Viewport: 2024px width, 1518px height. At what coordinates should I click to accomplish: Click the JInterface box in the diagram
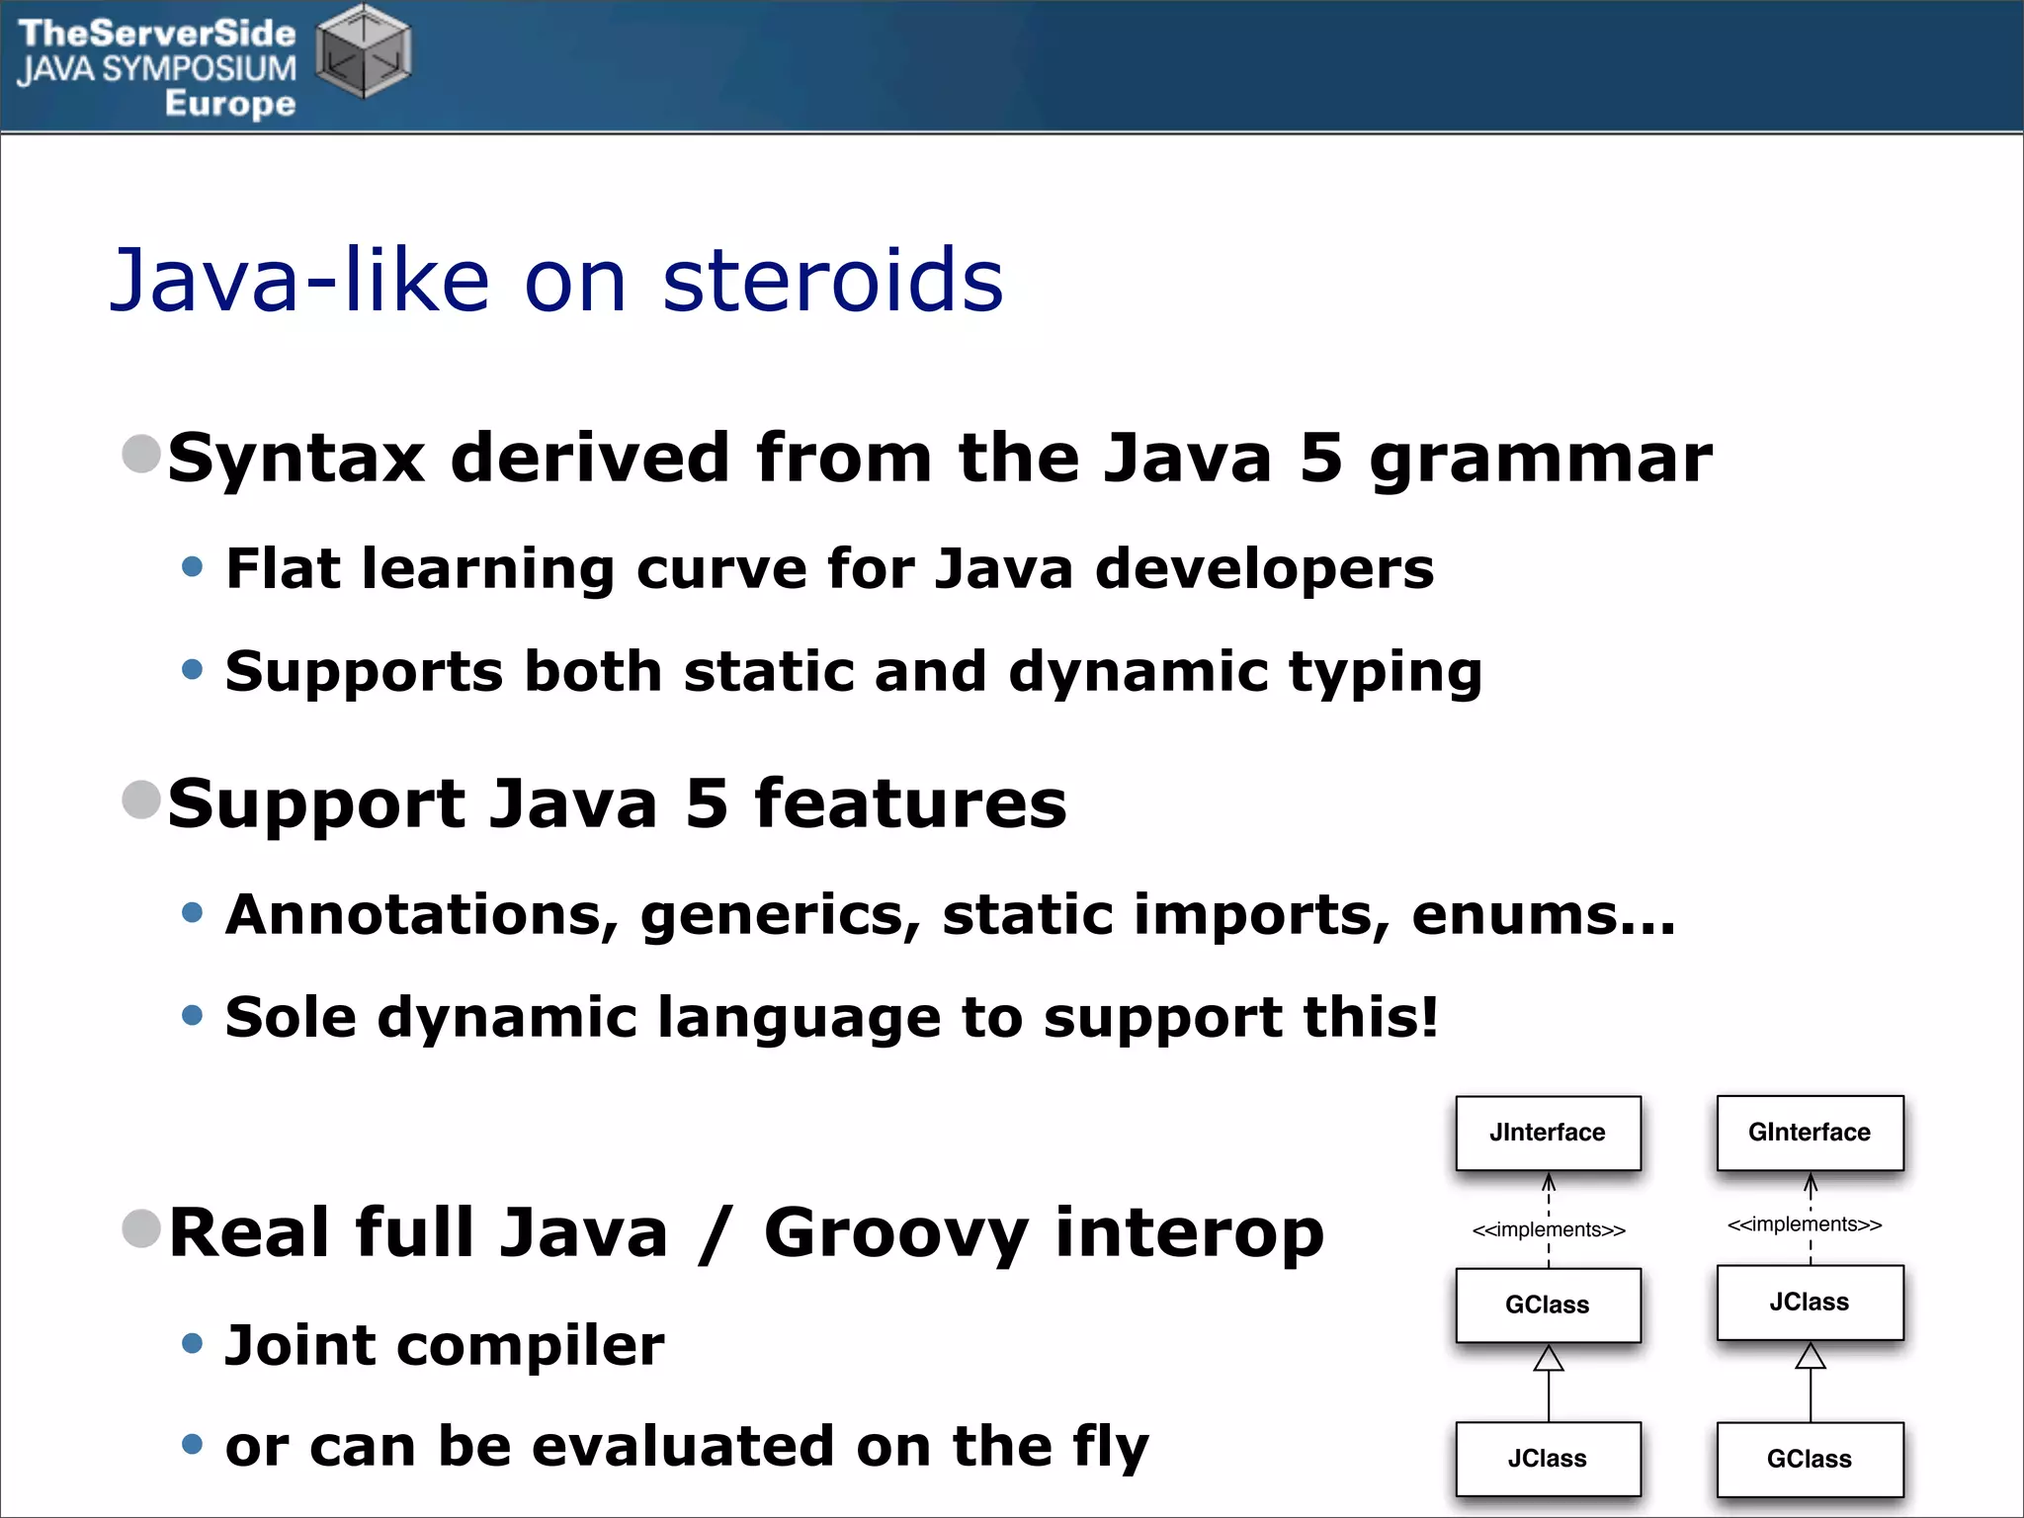point(1548,1133)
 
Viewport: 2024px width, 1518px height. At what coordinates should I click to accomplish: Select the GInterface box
point(1810,1133)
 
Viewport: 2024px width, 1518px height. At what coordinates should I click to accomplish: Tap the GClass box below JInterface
point(1548,1305)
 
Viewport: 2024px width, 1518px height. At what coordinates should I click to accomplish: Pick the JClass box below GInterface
point(1810,1302)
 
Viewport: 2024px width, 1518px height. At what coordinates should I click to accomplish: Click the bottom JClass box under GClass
point(1548,1459)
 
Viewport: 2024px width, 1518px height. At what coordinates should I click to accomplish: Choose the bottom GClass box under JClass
point(1810,1459)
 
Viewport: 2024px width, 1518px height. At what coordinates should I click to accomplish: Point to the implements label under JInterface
point(1549,1230)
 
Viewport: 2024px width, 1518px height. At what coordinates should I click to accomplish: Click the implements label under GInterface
point(1805,1224)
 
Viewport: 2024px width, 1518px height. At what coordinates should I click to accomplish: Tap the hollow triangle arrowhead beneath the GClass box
point(1549,1359)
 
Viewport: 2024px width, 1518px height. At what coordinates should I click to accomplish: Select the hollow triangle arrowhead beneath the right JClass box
point(1811,1356)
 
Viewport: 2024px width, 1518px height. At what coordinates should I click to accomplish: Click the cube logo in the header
point(363,51)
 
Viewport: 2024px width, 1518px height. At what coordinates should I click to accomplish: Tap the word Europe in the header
point(230,103)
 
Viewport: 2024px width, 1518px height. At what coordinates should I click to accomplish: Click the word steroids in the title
point(832,281)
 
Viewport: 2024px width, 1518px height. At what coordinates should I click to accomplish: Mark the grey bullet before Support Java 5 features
point(141,800)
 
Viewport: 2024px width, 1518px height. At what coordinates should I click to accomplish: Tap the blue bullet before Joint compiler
point(193,1343)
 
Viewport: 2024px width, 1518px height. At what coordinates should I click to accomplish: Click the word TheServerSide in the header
point(157,34)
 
